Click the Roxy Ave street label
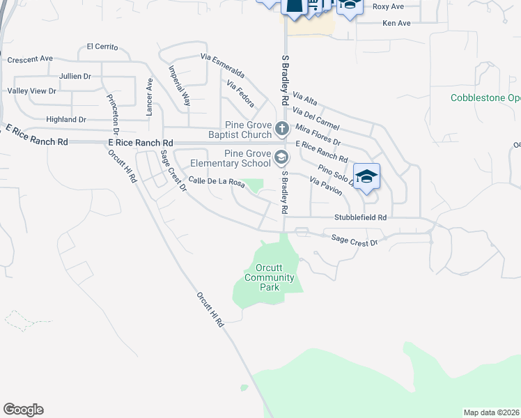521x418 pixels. tap(388, 6)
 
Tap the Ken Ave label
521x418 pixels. tap(396, 23)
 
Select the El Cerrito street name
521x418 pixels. tap(102, 47)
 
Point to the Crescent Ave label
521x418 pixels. tap(30, 59)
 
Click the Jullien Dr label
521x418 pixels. tap(75, 76)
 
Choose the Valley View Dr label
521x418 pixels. tap(31, 91)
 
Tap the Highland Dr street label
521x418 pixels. tap(65, 120)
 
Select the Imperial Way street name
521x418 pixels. tap(180, 86)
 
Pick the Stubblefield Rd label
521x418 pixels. tap(360, 217)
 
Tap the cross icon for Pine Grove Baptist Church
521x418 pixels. tap(281, 128)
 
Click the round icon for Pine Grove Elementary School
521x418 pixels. tap(281, 158)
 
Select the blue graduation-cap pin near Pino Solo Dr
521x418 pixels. tap(366, 176)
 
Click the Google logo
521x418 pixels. tap(23, 410)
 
